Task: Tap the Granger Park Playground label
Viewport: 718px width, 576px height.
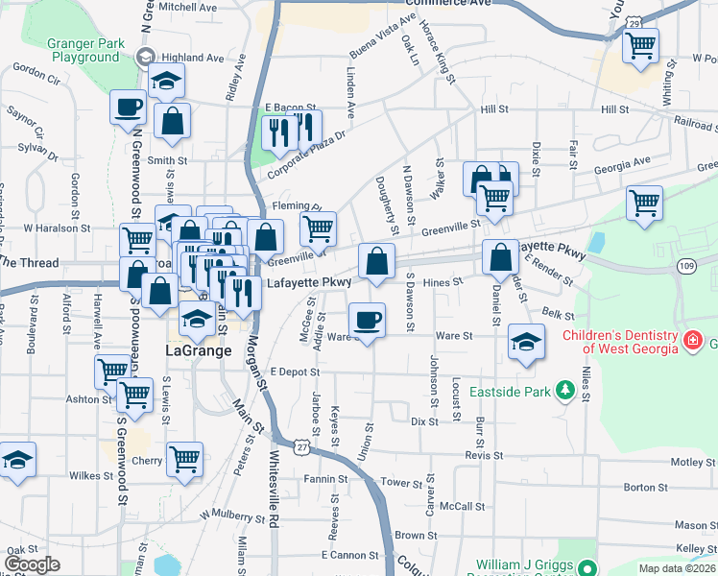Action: tap(85, 51)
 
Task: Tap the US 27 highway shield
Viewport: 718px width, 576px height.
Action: tap(302, 448)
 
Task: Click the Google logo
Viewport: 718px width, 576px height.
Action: tap(32, 564)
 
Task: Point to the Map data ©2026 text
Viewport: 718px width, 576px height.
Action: tap(676, 568)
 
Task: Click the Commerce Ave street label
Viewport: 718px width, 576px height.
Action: tap(448, 4)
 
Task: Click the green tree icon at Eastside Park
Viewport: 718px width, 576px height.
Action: tap(566, 390)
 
